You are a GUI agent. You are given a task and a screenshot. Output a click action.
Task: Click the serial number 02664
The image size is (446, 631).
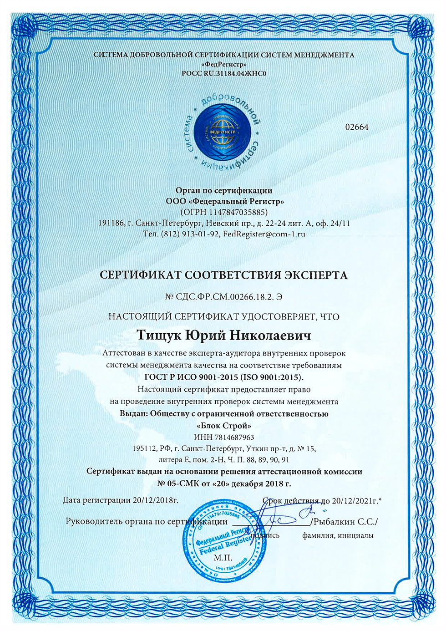coord(357,127)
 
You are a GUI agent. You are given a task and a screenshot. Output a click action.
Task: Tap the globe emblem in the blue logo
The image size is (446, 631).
coord(223,132)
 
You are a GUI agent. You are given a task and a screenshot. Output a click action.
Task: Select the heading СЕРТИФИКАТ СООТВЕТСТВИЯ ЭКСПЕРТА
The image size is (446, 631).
coord(223,275)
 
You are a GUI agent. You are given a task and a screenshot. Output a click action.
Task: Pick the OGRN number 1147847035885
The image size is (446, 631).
coord(238,212)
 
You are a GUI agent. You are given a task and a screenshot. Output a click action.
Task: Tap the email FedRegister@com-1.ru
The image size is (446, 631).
coord(264,234)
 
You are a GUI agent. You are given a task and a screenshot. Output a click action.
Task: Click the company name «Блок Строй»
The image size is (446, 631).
coord(223,426)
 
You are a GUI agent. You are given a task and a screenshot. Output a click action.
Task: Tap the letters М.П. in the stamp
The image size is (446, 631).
coord(223,558)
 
